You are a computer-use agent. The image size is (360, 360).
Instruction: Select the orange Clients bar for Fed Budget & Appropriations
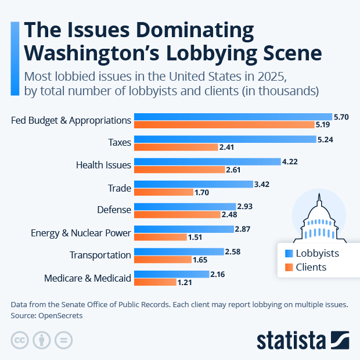click(x=224, y=124)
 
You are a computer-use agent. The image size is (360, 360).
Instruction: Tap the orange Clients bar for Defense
click(x=177, y=215)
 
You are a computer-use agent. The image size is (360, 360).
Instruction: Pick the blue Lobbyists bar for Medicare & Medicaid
click(x=171, y=273)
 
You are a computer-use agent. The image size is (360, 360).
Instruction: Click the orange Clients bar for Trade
click(x=164, y=192)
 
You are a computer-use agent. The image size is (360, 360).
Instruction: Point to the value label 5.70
click(x=341, y=117)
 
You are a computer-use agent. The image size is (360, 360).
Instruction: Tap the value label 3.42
click(x=262, y=184)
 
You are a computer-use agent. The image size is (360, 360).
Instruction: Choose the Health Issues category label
click(x=103, y=165)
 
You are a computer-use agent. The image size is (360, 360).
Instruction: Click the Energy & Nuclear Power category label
click(x=81, y=233)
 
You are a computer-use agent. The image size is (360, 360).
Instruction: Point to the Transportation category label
click(x=100, y=255)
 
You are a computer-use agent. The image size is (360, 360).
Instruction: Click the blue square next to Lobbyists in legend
click(x=289, y=253)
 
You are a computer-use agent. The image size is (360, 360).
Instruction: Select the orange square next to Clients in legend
click(x=289, y=268)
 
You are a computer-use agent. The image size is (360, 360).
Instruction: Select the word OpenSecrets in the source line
click(x=61, y=315)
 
